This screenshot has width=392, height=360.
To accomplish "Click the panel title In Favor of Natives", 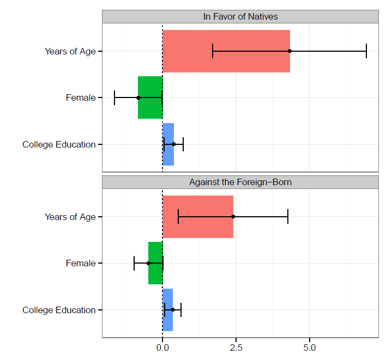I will [240, 16].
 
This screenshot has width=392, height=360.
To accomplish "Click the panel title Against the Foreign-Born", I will [240, 182].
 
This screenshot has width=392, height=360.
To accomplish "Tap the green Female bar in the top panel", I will [150, 97].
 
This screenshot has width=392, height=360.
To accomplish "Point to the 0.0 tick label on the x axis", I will [162, 347].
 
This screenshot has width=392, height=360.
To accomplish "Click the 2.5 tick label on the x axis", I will [236, 347].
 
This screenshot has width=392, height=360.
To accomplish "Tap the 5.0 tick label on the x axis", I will [310, 347].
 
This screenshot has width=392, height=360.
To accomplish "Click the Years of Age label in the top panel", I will [70, 51].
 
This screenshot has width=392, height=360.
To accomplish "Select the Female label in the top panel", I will [81, 98].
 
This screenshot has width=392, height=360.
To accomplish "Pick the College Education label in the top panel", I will [59, 144].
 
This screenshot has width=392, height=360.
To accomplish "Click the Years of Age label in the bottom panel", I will [70, 217].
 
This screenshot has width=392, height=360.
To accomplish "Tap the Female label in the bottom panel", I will [81, 264].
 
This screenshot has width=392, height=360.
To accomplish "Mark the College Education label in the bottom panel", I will [59, 310].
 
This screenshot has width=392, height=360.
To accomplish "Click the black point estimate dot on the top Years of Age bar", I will [290, 51].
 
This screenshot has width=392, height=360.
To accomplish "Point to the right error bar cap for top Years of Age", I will [366, 51].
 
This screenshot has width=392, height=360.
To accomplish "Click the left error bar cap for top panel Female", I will [114, 97].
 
